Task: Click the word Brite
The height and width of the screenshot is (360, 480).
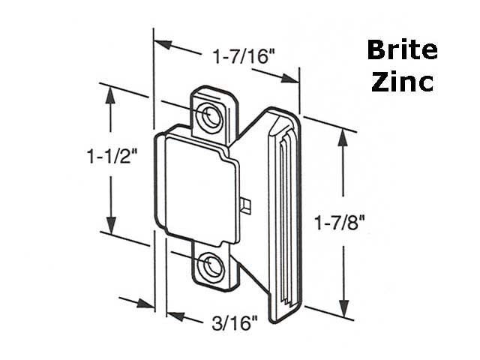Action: pos(402,51)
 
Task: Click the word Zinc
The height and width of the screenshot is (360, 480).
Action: pos(402,81)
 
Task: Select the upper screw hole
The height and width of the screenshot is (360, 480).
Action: pos(209,115)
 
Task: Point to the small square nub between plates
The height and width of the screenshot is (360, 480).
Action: pos(247,204)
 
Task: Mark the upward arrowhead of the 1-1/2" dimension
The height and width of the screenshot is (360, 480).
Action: pos(111,94)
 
